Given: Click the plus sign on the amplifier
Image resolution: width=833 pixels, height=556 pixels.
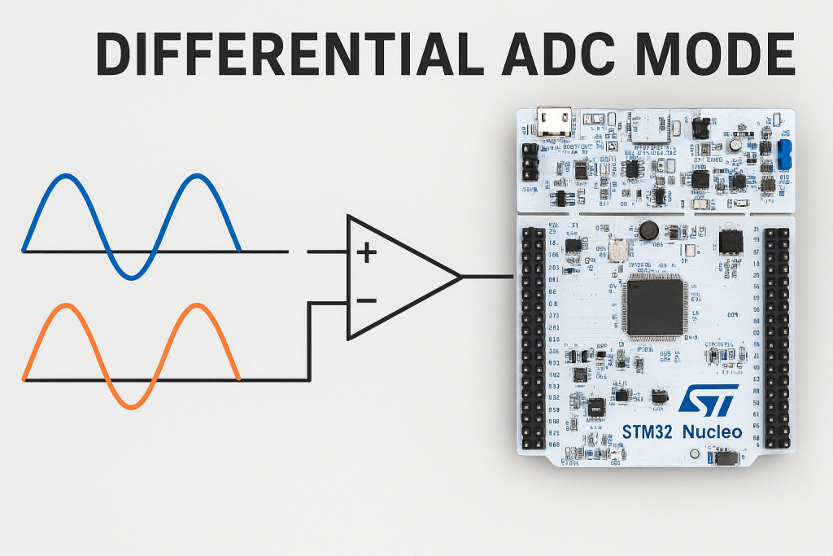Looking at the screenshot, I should coord(367,253).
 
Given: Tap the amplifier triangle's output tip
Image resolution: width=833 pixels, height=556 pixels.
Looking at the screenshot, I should coord(460,277).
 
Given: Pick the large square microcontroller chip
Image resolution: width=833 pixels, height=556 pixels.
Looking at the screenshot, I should coord(654,307).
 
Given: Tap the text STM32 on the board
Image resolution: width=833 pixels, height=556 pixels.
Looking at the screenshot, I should coord(647,431).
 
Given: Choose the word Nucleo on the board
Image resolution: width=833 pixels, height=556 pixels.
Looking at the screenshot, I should coord(713,431).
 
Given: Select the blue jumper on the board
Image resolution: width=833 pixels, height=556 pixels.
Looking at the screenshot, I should coord(785,153).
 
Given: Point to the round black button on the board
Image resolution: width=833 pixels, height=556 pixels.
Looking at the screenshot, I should coord(648,230).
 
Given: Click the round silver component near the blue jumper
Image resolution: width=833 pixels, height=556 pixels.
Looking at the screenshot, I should coord(735,145).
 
